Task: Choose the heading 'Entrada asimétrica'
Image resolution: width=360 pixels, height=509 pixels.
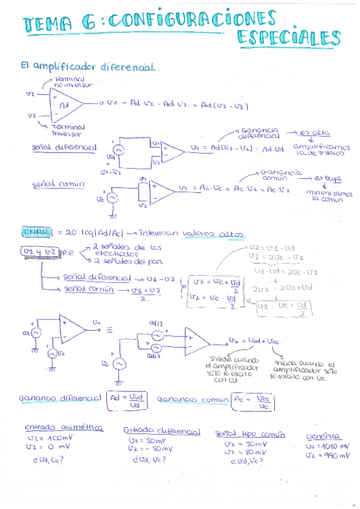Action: [x=64, y=428]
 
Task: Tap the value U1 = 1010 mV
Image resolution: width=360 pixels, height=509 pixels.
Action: [x=328, y=446]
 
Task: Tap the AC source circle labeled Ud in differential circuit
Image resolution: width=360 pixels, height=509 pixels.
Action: [x=118, y=150]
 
